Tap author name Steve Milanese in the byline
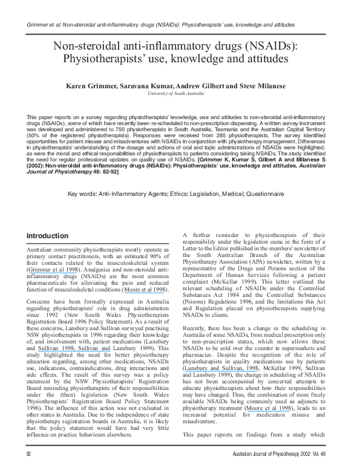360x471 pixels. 264,87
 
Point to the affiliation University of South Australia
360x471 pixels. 180,94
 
